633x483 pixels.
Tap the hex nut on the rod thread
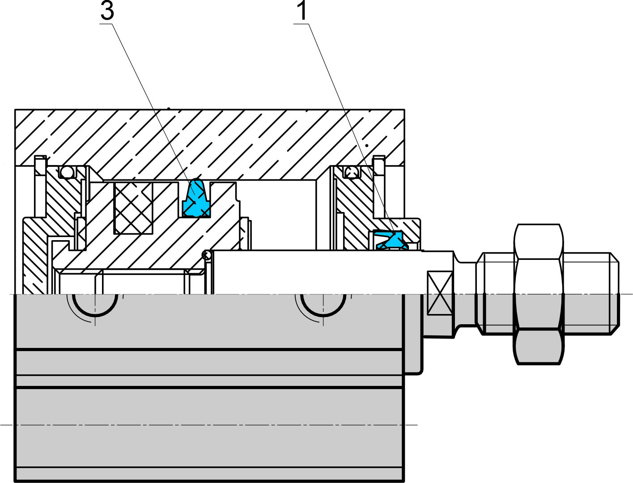pyautogui.click(x=539, y=294)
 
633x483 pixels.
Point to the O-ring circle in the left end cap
pyautogui.click(x=67, y=172)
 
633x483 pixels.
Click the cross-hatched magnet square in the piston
pyautogui.click(x=133, y=208)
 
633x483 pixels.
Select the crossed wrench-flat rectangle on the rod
pyautogui.click(x=439, y=292)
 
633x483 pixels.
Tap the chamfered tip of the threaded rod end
pyautogui.click(x=615, y=294)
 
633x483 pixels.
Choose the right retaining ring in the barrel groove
pyautogui.click(x=379, y=187)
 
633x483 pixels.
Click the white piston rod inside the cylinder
pyautogui.click(x=317, y=272)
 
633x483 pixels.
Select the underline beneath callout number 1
pyautogui.click(x=302, y=24)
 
